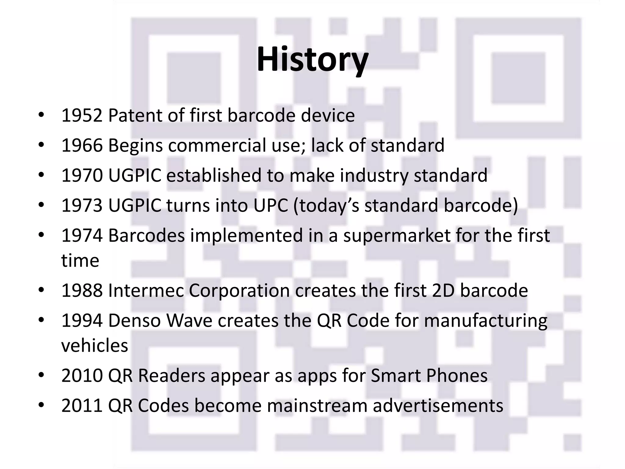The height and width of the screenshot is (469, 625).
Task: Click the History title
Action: click(x=312, y=60)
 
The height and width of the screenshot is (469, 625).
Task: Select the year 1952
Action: click(x=82, y=116)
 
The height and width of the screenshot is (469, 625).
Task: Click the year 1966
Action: click(x=82, y=146)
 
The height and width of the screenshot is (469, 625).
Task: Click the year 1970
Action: click(x=82, y=176)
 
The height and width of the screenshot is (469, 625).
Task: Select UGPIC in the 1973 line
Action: click(x=135, y=205)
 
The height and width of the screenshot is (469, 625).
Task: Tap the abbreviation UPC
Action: click(x=270, y=205)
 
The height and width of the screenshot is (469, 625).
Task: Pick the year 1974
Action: click(x=82, y=236)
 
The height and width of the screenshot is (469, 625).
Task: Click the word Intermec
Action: click(x=146, y=291)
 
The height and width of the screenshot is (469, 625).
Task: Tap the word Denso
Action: click(x=134, y=321)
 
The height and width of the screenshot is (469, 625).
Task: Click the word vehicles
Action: click(x=95, y=346)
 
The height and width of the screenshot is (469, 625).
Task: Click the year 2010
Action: click(x=82, y=376)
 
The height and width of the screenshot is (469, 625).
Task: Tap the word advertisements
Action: click(x=438, y=406)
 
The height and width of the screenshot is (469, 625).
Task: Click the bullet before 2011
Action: click(x=41, y=405)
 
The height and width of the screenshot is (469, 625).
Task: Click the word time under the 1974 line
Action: click(x=80, y=261)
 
